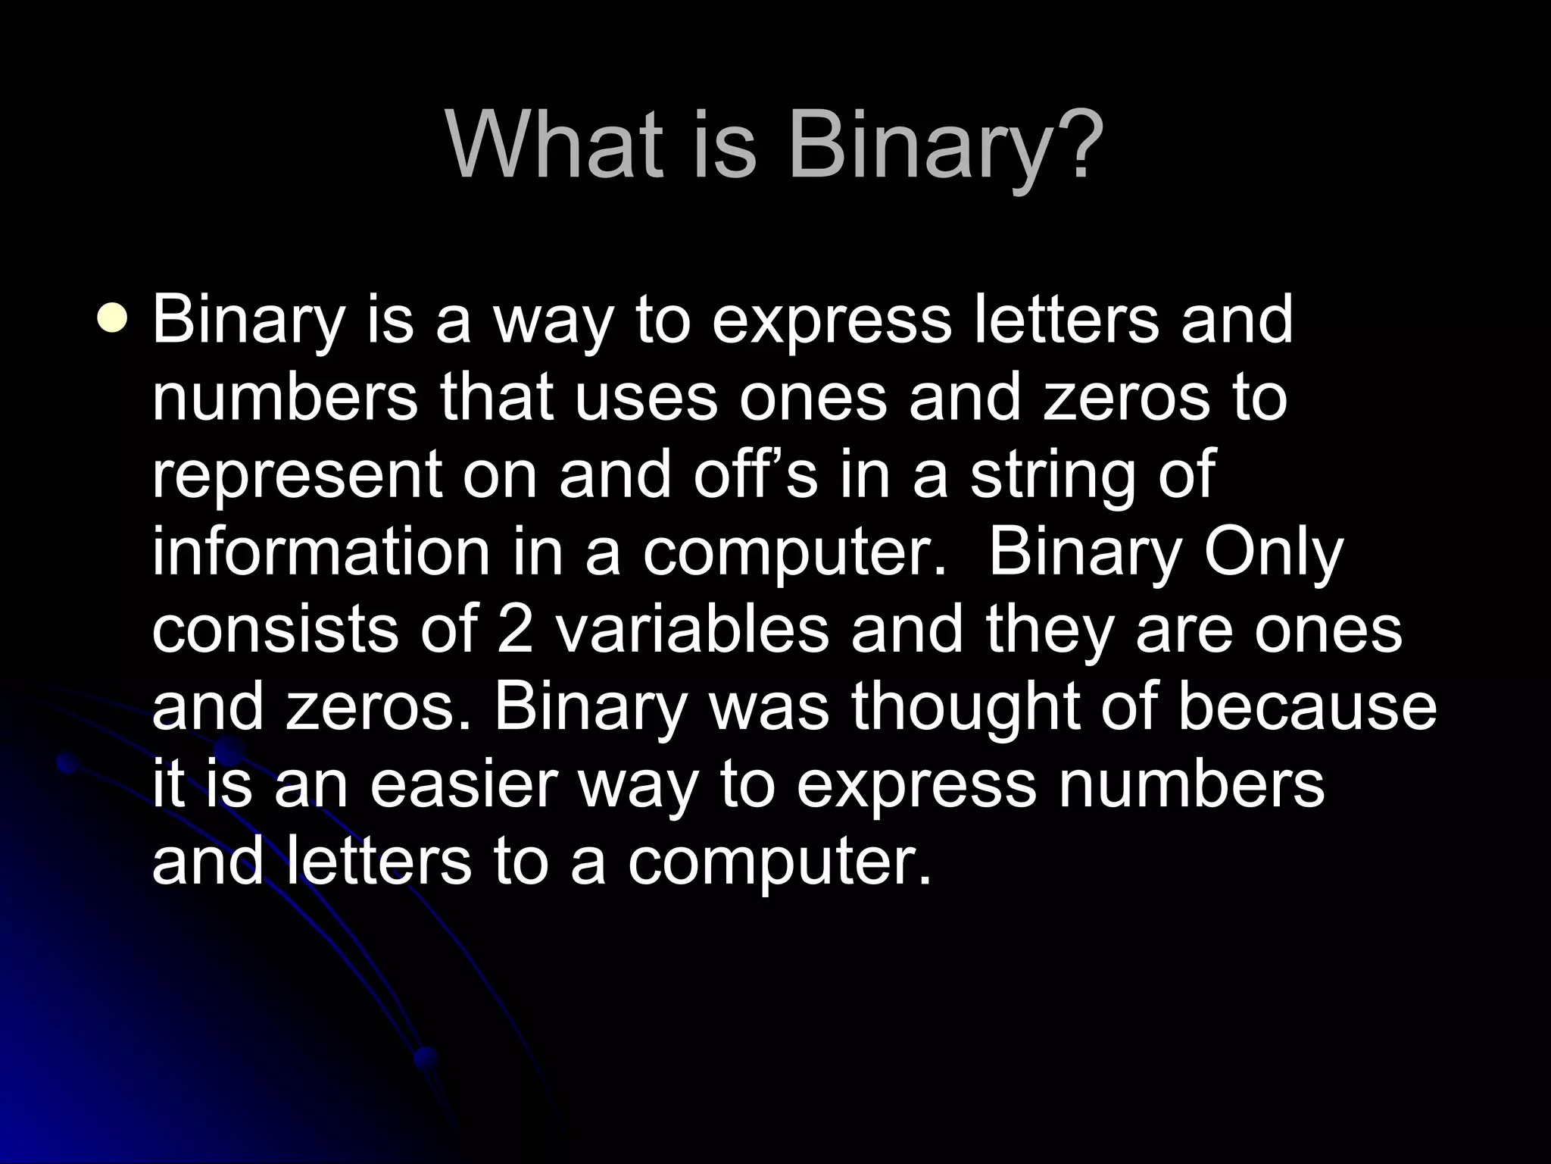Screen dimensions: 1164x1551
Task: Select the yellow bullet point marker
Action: click(113, 319)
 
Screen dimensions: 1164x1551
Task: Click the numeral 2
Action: click(515, 630)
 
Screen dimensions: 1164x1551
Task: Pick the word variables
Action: click(693, 630)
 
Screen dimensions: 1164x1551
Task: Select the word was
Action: click(765, 709)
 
